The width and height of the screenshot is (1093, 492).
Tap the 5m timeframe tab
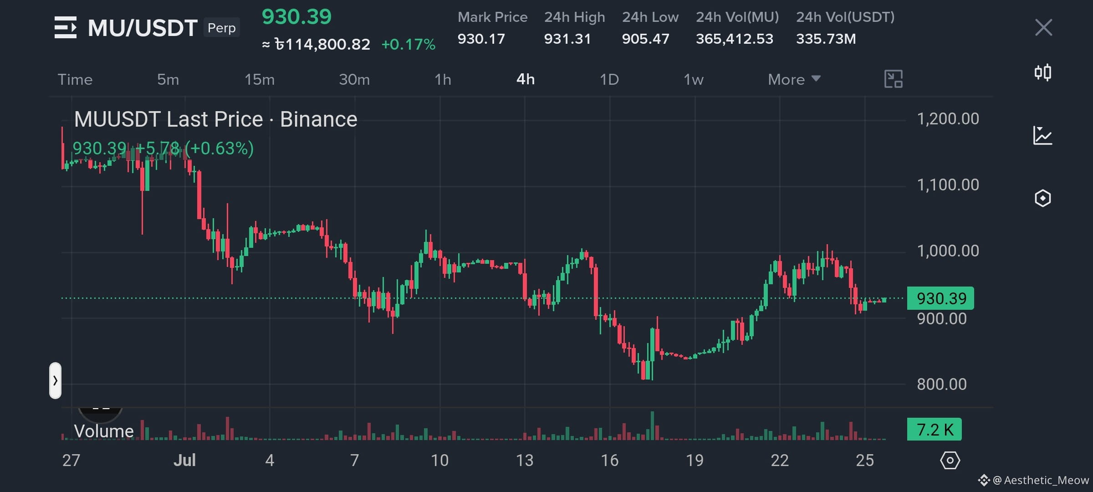click(168, 80)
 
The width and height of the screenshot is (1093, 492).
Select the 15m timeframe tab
click(260, 80)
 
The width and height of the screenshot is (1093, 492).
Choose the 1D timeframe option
click(609, 80)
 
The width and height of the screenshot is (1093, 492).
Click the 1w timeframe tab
click(694, 80)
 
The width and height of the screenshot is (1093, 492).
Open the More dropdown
click(794, 80)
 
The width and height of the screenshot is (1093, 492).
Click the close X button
click(1043, 27)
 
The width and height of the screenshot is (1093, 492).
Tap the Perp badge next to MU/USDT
click(222, 28)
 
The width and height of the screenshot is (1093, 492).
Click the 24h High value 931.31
click(567, 39)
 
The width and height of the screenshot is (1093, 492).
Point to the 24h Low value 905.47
click(646, 39)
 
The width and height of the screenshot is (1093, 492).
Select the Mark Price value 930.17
click(481, 39)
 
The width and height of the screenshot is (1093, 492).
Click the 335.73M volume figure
click(826, 39)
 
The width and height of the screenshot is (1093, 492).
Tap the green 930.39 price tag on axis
click(940, 298)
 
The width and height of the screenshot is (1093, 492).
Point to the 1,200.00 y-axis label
click(948, 119)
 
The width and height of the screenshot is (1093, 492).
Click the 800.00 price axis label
click(942, 384)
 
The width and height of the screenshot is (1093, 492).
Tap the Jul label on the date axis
click(184, 460)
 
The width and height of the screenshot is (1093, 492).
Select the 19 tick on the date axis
click(695, 460)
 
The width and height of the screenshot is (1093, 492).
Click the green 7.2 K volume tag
click(935, 429)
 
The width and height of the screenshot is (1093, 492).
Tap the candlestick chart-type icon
click(1043, 72)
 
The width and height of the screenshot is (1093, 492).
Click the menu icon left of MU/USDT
click(66, 27)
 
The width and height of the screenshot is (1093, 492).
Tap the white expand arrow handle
click(55, 380)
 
